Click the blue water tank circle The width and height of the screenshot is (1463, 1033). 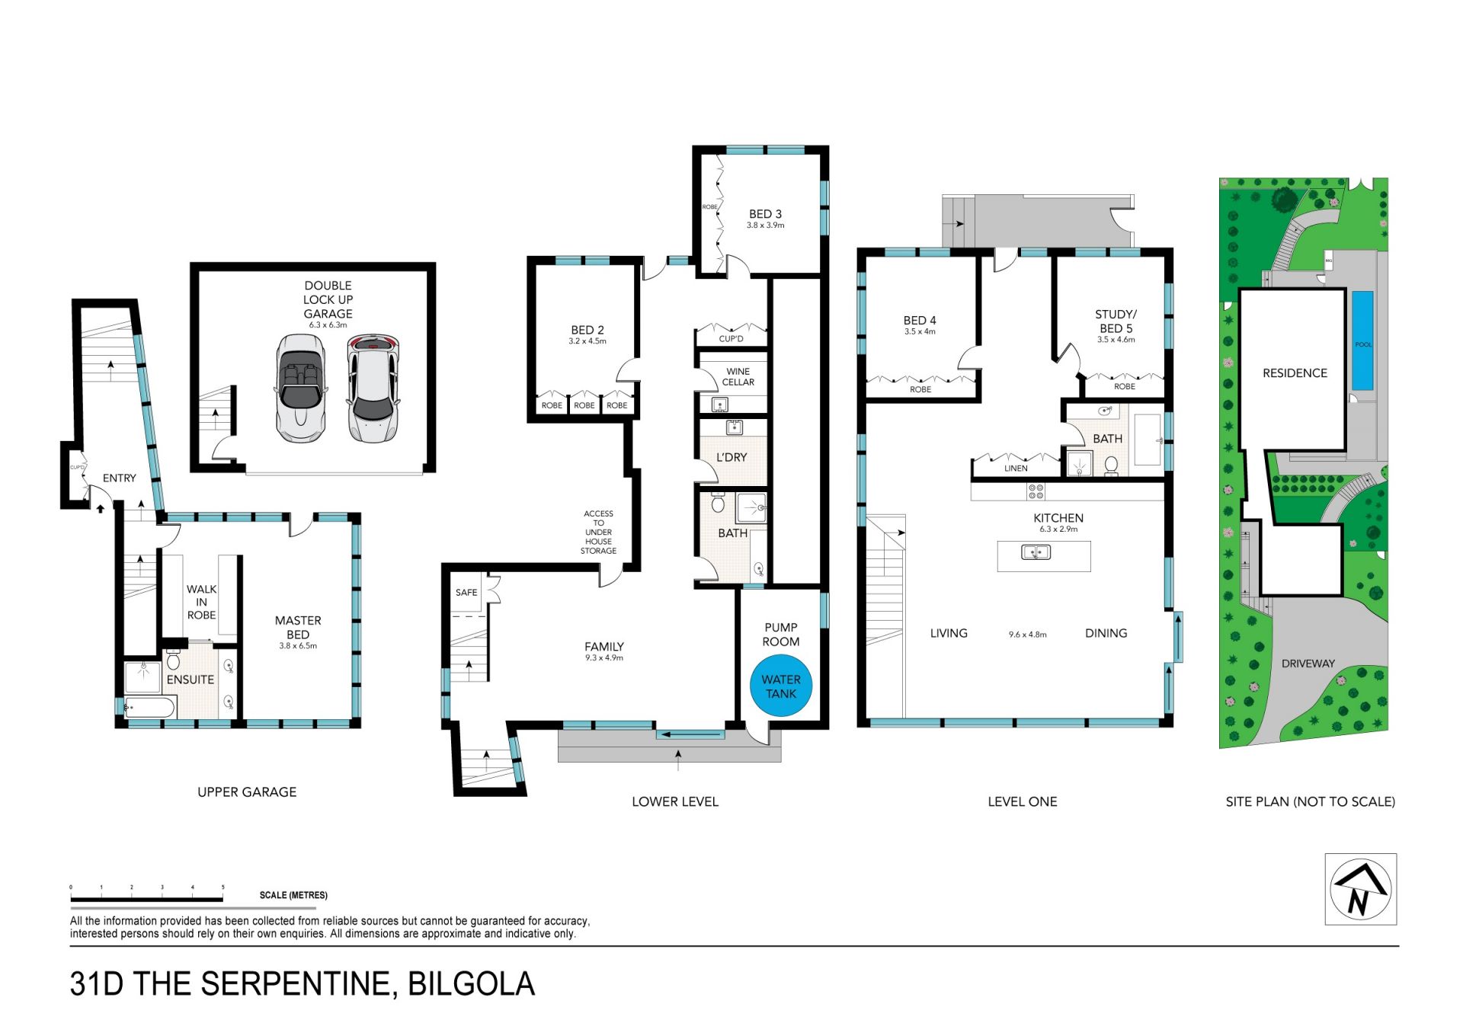[x=781, y=686]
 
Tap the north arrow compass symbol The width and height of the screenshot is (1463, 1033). [x=1360, y=889]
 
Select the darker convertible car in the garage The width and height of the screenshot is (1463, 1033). [x=301, y=390]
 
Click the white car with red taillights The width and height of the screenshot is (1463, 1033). [x=373, y=389]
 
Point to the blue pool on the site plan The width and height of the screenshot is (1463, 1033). [x=1363, y=341]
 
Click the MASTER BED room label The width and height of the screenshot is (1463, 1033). [x=298, y=628]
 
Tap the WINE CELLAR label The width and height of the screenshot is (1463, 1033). [x=738, y=377]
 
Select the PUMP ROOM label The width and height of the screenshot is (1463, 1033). [x=781, y=635]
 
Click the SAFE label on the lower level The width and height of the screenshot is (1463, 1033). [x=466, y=592]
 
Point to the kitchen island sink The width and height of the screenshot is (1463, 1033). [x=1036, y=552]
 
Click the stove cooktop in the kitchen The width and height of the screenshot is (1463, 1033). [x=1036, y=491]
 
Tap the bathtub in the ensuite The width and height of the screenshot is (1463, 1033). [x=150, y=708]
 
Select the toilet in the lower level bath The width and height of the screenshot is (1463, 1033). [x=718, y=504]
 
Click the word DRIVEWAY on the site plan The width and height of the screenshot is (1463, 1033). [x=1308, y=664]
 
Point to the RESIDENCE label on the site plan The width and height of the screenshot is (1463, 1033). [x=1295, y=373]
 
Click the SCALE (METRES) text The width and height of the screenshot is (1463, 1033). [x=293, y=895]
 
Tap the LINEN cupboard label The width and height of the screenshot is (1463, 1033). [x=1016, y=469]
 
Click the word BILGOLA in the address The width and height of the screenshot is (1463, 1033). [x=472, y=984]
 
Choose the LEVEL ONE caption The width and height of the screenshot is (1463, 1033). [x=1023, y=801]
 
